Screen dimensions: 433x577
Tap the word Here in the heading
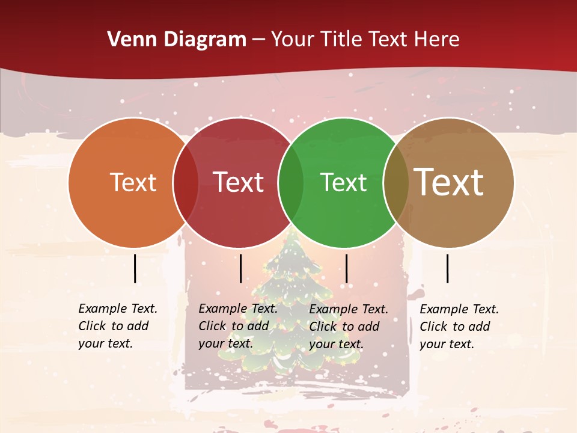click(x=438, y=40)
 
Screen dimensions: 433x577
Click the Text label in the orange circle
click(x=133, y=182)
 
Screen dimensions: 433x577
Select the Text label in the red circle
click(x=238, y=182)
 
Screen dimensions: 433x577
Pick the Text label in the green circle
click(x=343, y=182)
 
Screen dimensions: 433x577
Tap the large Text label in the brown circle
click(x=448, y=182)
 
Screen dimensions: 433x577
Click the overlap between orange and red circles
click(x=186, y=182)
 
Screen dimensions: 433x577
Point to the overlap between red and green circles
click(x=291, y=182)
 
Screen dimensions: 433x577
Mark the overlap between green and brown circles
click(x=395, y=182)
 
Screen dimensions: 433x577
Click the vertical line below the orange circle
click(x=135, y=268)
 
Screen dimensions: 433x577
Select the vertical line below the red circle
click(x=240, y=268)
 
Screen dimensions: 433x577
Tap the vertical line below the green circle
click(x=346, y=268)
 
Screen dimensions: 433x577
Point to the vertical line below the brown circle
click(x=447, y=268)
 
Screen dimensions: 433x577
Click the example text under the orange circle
click(x=117, y=326)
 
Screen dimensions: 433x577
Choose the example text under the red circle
click(x=237, y=326)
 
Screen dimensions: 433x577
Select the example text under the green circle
click(x=348, y=327)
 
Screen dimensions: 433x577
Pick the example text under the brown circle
click(x=459, y=327)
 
